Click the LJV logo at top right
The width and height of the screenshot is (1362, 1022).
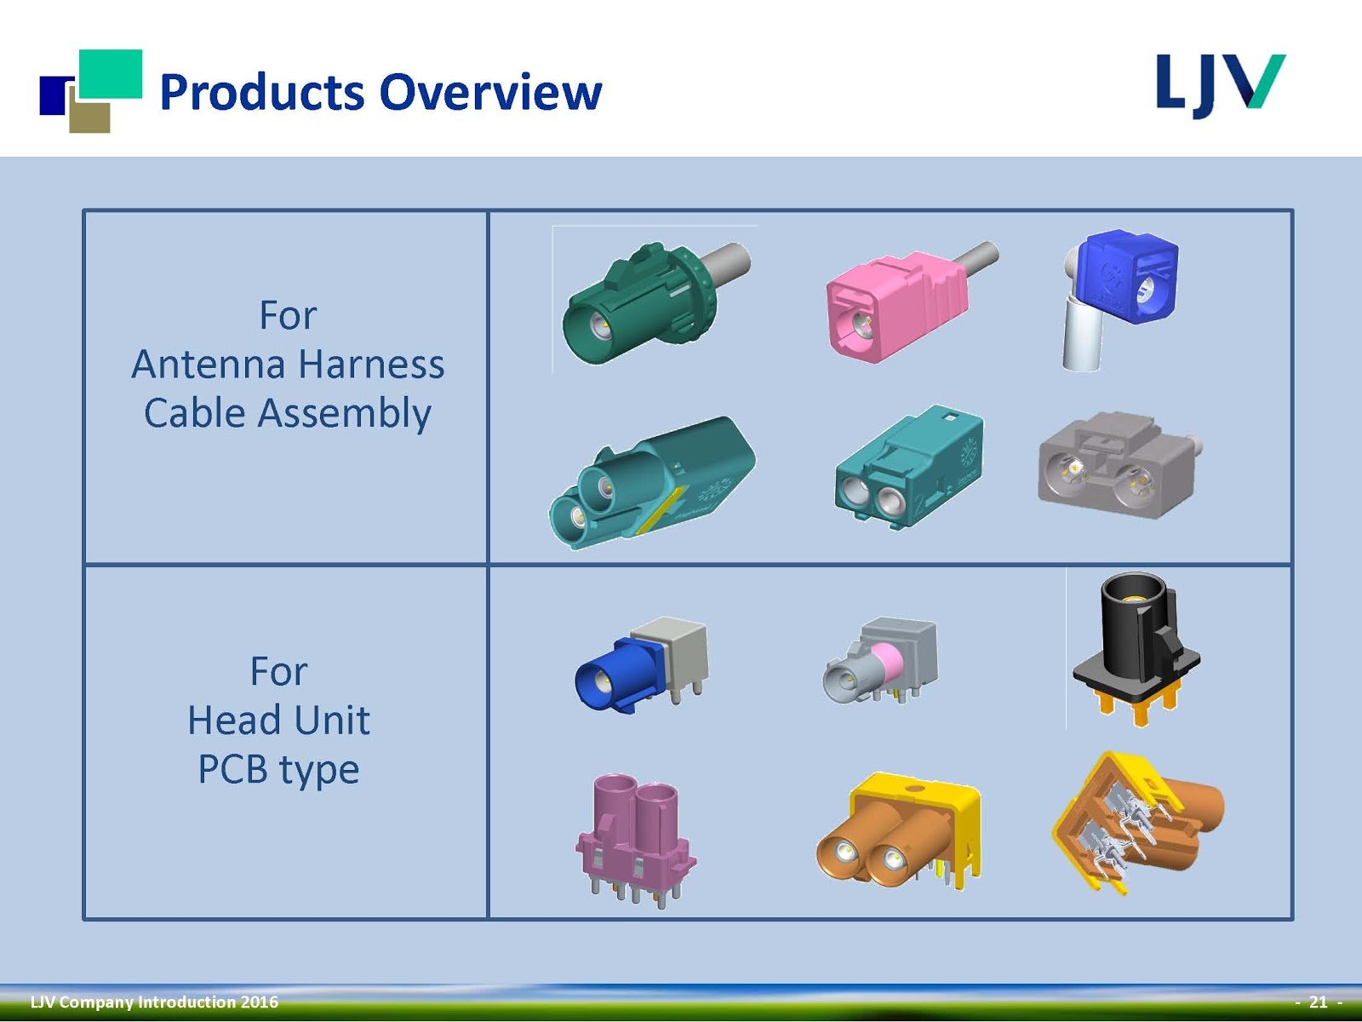pos(1219,85)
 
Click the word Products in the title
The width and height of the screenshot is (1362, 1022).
pos(262,93)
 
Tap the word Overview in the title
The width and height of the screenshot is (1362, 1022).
pos(490,93)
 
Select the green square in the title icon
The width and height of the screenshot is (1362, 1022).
pos(111,73)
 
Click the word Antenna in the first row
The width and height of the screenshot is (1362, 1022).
pos(209,365)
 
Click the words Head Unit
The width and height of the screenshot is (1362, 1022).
pos(278,721)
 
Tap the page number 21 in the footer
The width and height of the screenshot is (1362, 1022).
pos(1318,1002)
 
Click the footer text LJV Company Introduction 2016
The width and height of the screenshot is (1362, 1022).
pos(154,1002)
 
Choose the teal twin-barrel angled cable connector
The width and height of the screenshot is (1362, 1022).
pos(651,481)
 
